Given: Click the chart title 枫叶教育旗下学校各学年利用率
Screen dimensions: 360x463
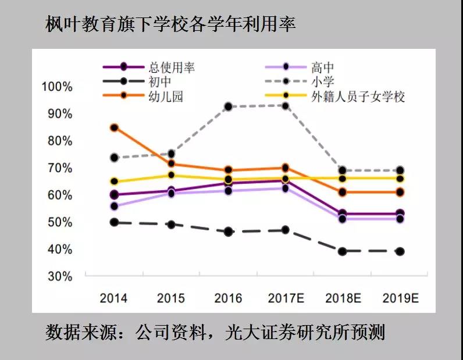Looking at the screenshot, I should (170, 24).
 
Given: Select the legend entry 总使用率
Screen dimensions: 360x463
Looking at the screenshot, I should (172, 67).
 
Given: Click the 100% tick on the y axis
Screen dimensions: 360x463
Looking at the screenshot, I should (57, 87).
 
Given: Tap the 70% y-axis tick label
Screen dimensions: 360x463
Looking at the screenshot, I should (59, 168).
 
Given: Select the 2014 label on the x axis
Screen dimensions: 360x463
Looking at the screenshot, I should (113, 298).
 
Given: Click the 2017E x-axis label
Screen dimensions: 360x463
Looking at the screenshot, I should (286, 298).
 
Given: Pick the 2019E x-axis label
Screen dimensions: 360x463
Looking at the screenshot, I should (401, 298).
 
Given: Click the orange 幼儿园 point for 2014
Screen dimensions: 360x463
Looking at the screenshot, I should (114, 127).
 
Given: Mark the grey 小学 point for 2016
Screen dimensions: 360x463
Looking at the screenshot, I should (229, 106).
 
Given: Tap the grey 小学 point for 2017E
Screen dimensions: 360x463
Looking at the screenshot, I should (286, 106).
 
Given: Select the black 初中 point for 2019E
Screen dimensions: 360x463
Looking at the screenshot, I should (400, 251).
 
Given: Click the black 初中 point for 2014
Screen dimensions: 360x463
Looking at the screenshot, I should (114, 222).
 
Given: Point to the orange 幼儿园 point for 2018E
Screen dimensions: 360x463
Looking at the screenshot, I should (343, 192).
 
